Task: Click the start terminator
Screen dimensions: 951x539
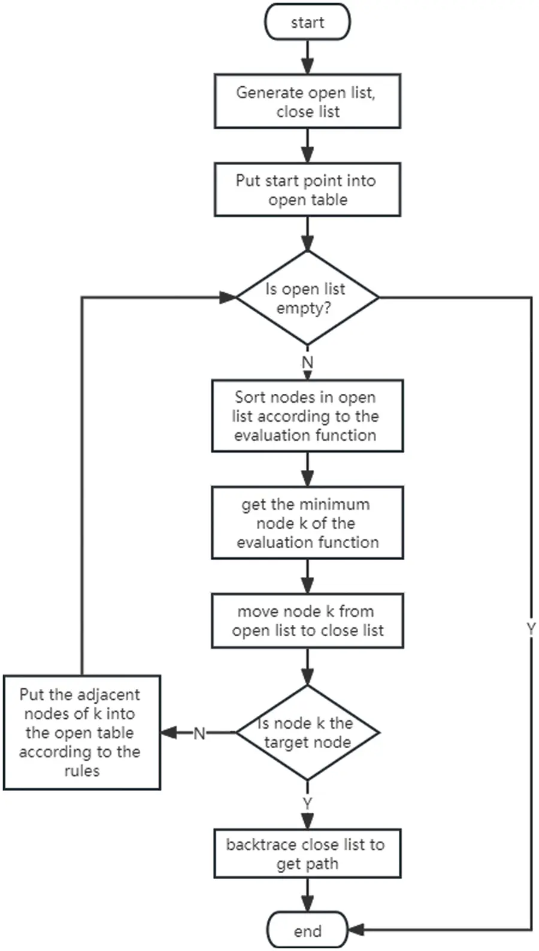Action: (x=307, y=22)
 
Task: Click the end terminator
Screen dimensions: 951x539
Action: (x=307, y=931)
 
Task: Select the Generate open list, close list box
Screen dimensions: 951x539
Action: (x=307, y=101)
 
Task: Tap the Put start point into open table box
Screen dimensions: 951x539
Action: (x=307, y=190)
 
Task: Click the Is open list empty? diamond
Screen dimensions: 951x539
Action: (x=307, y=297)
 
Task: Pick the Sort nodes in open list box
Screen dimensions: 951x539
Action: (x=307, y=416)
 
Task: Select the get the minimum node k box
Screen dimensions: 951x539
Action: (x=307, y=522)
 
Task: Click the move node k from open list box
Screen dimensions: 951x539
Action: (x=307, y=621)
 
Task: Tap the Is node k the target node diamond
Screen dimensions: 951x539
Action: (x=307, y=733)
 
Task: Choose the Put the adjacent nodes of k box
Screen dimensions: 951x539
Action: (x=81, y=733)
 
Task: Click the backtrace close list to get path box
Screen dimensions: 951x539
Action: (x=307, y=854)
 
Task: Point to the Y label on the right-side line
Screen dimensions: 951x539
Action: (x=531, y=628)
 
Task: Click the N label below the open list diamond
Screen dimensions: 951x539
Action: (x=307, y=363)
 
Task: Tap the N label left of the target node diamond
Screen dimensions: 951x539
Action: (x=199, y=733)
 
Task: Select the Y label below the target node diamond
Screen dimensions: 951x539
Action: (x=307, y=803)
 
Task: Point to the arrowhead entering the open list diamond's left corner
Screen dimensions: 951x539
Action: (x=228, y=297)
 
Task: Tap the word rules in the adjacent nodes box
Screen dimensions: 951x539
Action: (x=81, y=771)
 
